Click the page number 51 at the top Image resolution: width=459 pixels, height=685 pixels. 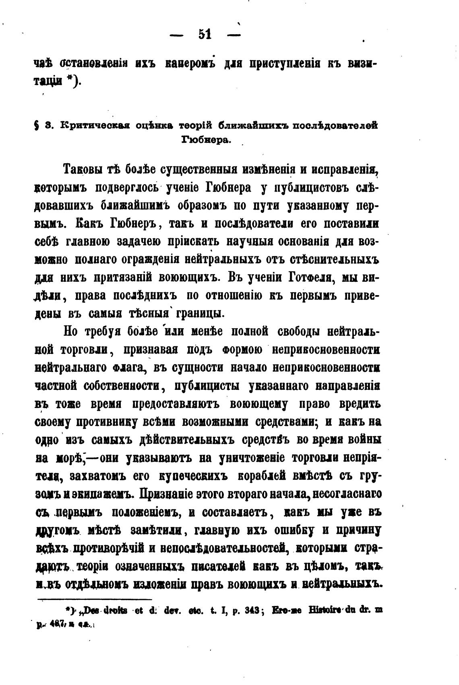[x=205, y=35]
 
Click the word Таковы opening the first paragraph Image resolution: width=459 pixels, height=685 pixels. [x=82, y=169]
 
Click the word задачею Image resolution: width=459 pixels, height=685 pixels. [x=139, y=241]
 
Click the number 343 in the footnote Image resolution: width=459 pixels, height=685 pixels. [x=253, y=610]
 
